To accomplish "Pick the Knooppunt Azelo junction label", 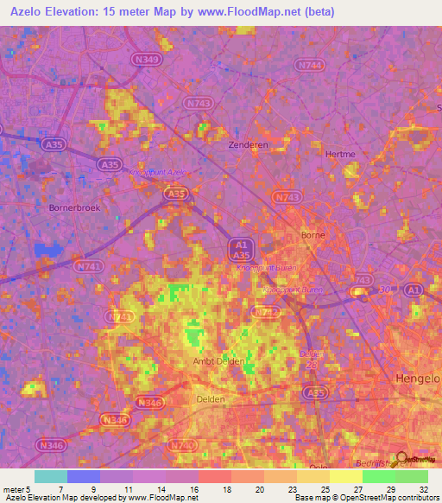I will click(x=157, y=173).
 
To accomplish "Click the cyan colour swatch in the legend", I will click(x=51, y=475).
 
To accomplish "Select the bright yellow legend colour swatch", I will click(x=346, y=475).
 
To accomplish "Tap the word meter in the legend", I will click(x=14, y=488).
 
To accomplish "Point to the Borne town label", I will click(x=310, y=235).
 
